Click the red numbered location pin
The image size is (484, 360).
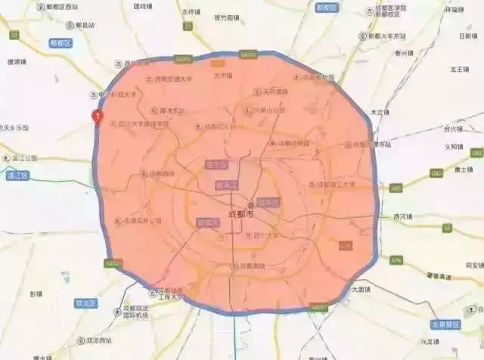pyautogui.click(x=96, y=116)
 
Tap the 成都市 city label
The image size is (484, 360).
pyautogui.click(x=242, y=215)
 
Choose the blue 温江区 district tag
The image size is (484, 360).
pyautogui.click(x=16, y=175)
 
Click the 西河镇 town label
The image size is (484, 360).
pyautogui.click(x=405, y=216)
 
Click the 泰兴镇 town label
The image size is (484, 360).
pyautogui.click(x=404, y=54)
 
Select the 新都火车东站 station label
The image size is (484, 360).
pyautogui.click(x=393, y=35)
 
